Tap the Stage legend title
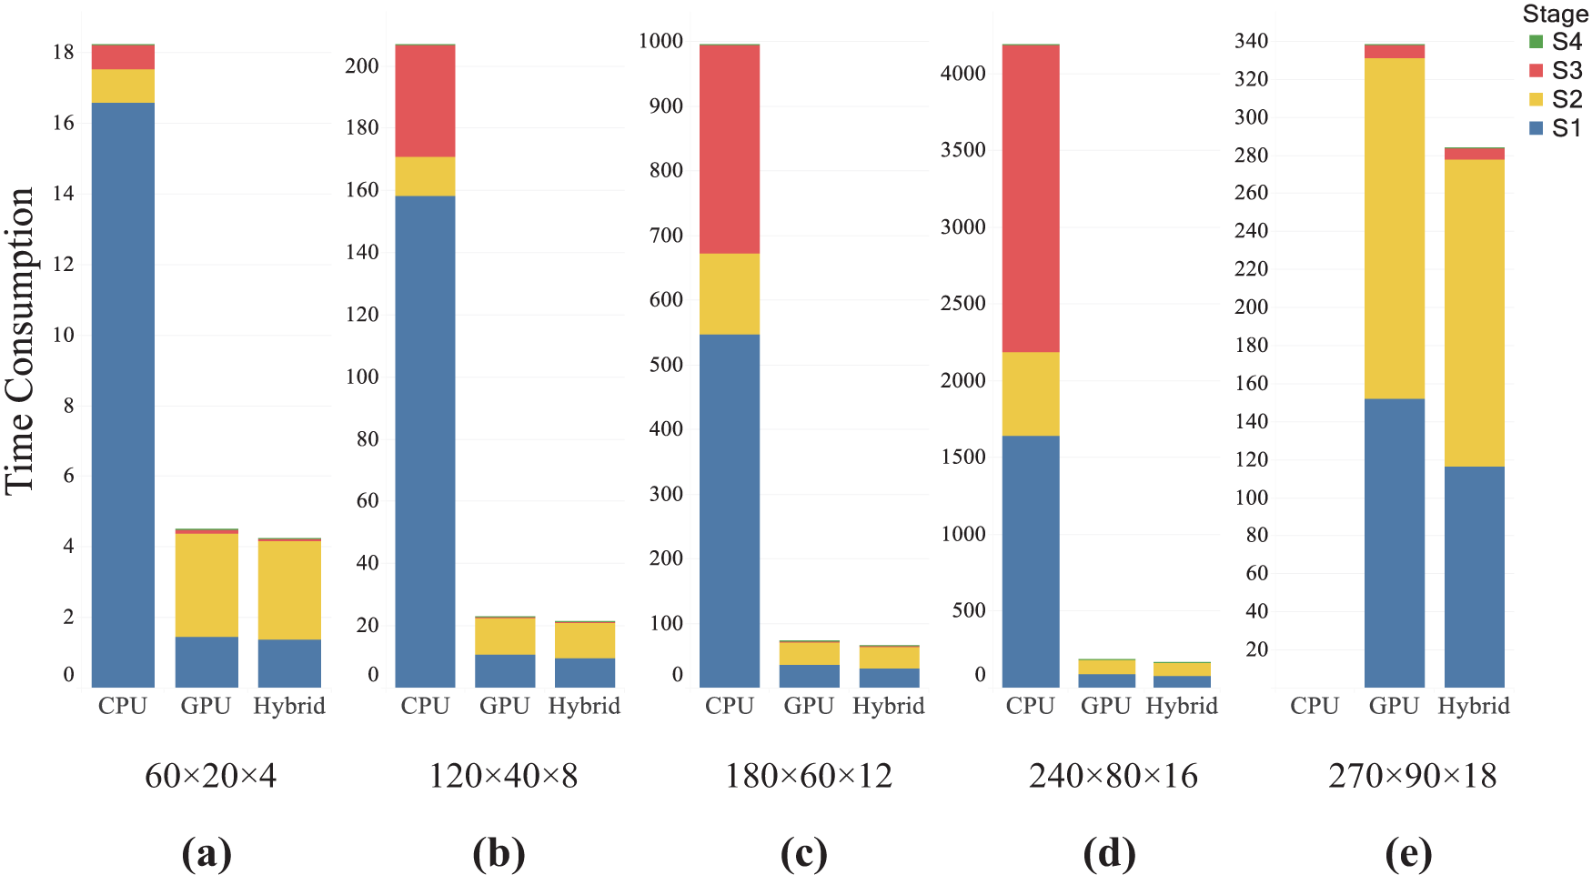(1555, 15)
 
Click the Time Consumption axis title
(20, 341)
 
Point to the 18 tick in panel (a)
(63, 53)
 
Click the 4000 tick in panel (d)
(962, 74)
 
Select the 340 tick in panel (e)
(1251, 41)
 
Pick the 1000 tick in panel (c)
(660, 41)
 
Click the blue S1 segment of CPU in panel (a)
(123, 391)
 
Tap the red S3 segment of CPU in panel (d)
(1030, 198)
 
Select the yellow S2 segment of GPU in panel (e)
(1394, 227)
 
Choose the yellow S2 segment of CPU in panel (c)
(730, 294)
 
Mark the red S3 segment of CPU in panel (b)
(425, 101)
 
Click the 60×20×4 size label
(210, 776)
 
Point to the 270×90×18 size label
(1412, 776)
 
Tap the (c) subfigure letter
(804, 854)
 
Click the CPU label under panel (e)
(1314, 706)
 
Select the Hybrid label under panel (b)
(584, 706)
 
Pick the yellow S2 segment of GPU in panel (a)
(207, 585)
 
